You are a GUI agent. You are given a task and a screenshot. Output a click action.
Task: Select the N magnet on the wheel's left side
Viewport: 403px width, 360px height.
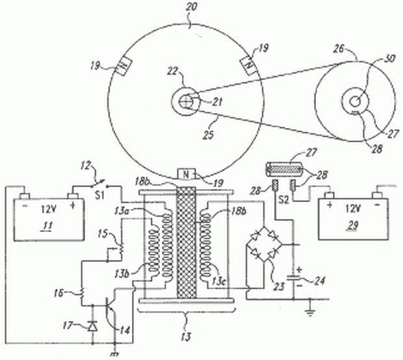[x=122, y=67]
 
